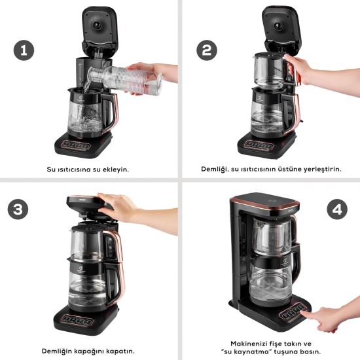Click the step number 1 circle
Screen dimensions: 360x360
point(24,50)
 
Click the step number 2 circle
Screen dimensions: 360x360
point(207,50)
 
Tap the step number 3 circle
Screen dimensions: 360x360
point(18,209)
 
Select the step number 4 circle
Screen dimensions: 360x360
point(337,209)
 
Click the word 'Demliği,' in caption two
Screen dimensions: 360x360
point(215,170)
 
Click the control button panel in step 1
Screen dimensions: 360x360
point(76,145)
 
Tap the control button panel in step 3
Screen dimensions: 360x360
point(77,320)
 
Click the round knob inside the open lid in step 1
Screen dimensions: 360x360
point(97,25)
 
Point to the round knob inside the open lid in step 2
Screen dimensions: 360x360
point(278,26)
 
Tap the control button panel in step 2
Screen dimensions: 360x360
point(259,145)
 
